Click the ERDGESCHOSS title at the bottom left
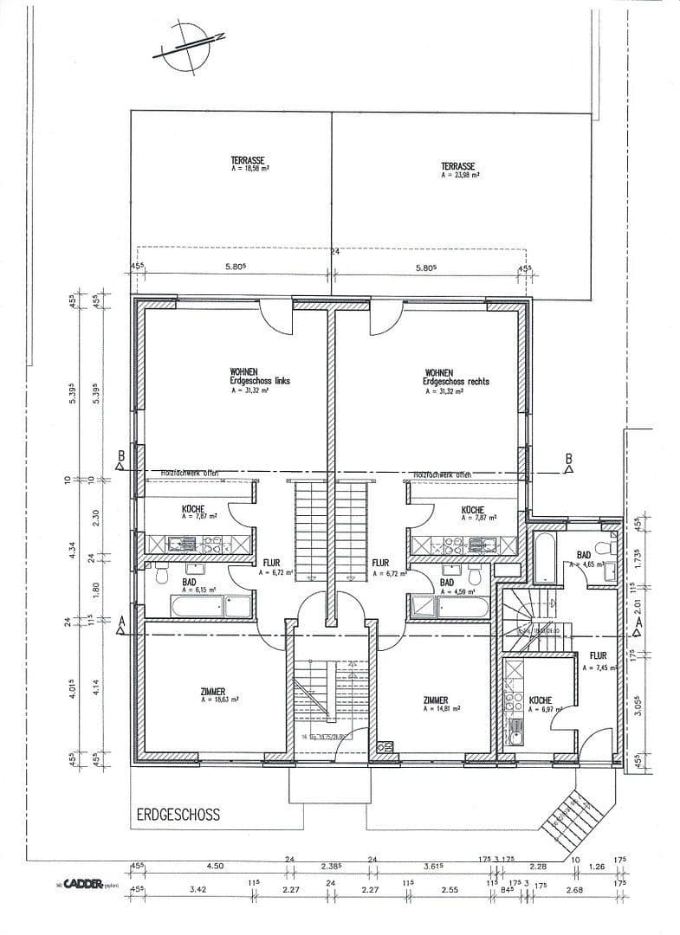coord(178,815)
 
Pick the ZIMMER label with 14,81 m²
coord(436,700)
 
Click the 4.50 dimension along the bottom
coord(214,865)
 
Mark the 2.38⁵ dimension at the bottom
coord(331,865)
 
